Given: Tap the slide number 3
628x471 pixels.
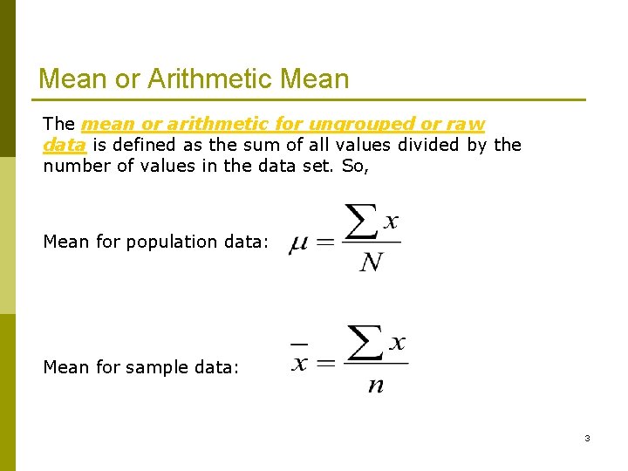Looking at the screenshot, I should tap(587, 438).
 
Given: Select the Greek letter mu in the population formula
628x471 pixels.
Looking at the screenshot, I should tap(298, 243).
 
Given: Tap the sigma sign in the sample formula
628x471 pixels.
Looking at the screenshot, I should tap(366, 344).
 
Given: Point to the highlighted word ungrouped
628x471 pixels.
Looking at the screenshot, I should tap(361, 125).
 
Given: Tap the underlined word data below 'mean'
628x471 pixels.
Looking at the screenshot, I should tap(64, 145).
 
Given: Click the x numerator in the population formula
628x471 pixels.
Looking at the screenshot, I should tap(391, 222).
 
